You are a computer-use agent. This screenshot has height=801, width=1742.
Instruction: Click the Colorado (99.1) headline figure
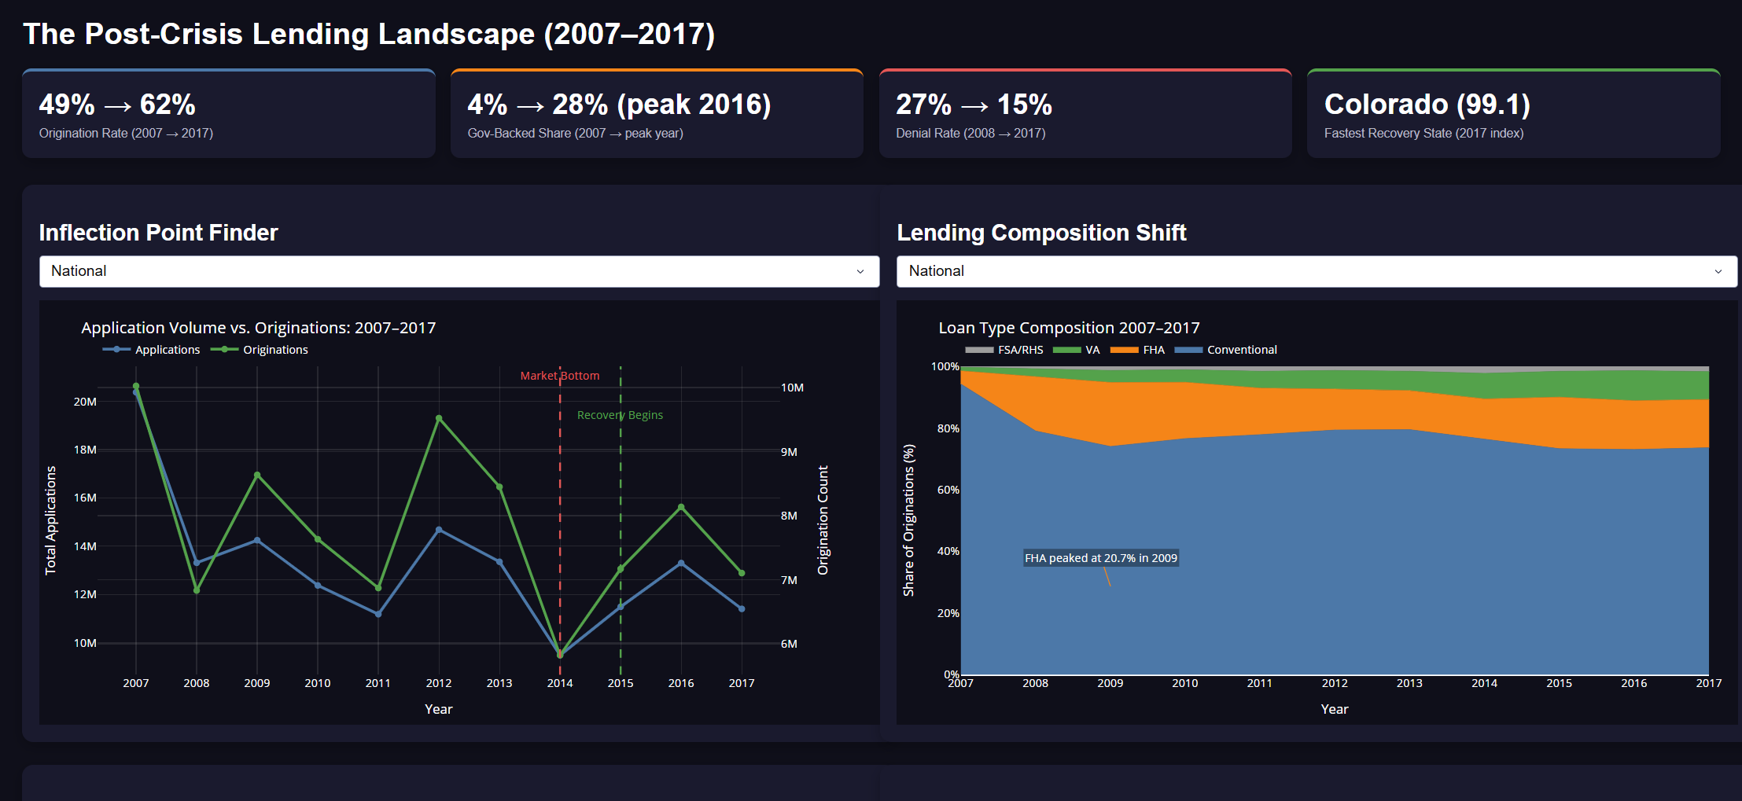coord(1427,105)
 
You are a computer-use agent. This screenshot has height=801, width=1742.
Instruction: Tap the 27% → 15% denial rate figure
coord(974,105)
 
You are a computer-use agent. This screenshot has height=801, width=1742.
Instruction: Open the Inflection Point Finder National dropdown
coord(459,271)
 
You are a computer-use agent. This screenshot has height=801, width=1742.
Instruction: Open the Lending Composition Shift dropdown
coord(1316,271)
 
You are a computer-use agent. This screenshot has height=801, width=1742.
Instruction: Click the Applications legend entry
coord(152,350)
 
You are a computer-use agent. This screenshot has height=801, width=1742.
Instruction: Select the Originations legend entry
coord(260,350)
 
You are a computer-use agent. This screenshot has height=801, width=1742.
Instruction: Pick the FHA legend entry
coord(1138,350)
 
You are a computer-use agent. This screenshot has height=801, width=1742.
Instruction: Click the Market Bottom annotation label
coord(559,376)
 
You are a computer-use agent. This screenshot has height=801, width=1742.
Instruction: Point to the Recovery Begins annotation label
coord(620,415)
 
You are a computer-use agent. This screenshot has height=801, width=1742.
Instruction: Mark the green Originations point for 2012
coord(439,419)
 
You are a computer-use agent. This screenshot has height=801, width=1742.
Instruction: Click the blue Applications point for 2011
coord(378,614)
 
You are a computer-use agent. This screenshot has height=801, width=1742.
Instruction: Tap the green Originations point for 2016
coord(681,507)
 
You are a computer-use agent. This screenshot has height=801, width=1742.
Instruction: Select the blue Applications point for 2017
coord(742,608)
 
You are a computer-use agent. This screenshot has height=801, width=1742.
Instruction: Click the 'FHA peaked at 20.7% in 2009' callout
coord(1100,558)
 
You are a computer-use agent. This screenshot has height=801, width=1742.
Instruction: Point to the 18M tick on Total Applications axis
coord(85,450)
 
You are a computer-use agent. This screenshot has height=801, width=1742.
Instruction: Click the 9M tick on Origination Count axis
coord(789,452)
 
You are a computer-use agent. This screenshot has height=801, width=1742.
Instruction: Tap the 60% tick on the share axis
coord(948,490)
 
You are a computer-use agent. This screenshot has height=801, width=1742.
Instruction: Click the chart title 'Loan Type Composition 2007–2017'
coord(1069,328)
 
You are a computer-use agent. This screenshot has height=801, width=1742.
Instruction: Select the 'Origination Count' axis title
coord(823,520)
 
